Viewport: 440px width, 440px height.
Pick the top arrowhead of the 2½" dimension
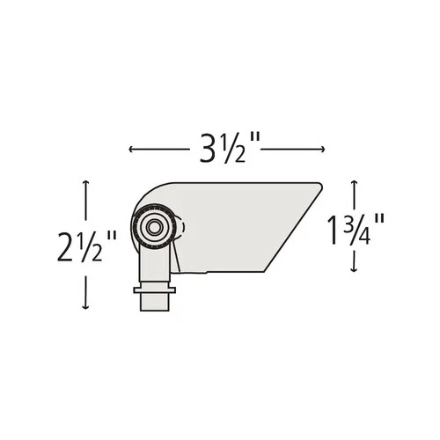[86, 181]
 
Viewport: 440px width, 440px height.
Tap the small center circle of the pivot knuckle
[153, 226]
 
